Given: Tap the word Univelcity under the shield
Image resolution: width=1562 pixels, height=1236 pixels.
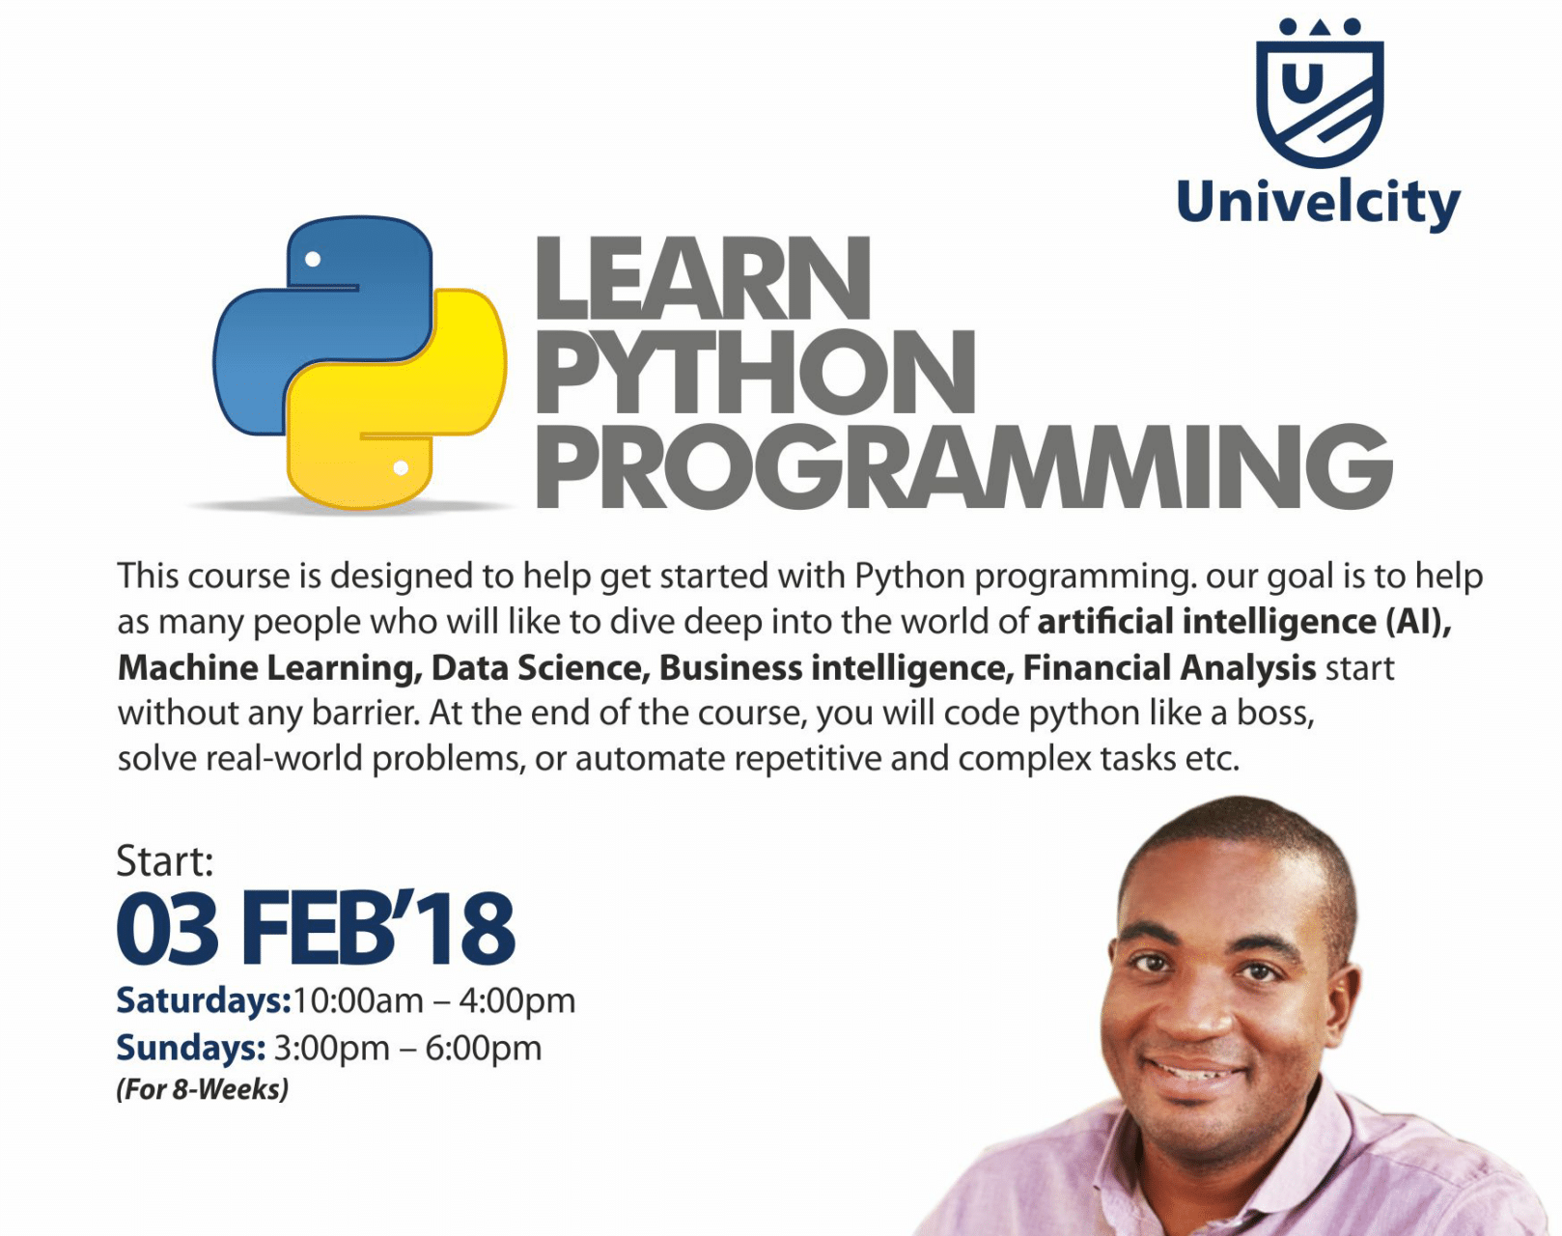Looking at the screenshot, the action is [1319, 204].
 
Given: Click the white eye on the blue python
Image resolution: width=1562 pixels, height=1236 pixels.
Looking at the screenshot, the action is [313, 259].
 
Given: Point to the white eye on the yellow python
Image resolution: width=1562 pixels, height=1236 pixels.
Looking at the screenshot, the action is [401, 468].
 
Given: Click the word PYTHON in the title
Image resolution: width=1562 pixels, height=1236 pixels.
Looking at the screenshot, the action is [755, 372].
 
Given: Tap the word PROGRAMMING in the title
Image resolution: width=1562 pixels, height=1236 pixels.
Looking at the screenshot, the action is [963, 466].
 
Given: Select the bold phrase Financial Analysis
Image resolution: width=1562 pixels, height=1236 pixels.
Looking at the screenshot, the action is [1169, 668].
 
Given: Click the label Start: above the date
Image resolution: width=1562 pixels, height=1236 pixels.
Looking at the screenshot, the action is [165, 861].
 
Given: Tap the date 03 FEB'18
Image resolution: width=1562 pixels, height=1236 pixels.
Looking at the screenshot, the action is [316, 929].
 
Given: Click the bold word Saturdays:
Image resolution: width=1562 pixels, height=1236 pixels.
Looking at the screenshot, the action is [204, 1001].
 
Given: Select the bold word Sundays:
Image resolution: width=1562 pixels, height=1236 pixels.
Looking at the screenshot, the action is [191, 1049].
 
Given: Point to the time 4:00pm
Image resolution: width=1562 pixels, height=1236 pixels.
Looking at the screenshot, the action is [516, 1001].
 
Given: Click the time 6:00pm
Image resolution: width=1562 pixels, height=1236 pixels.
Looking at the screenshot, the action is [484, 1049].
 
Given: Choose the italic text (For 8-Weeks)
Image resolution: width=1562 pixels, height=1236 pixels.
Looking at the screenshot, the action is [203, 1089].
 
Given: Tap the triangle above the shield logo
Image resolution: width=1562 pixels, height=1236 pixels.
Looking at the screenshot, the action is [1321, 26].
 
